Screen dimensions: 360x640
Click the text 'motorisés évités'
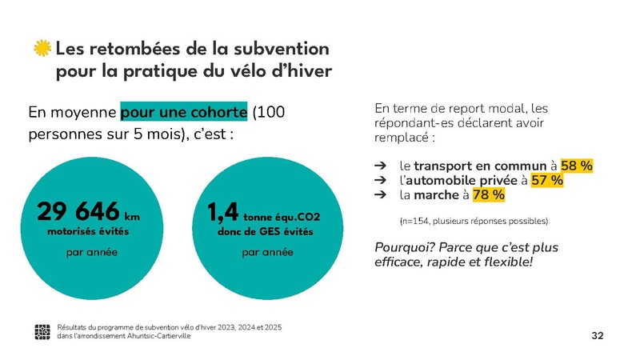click(x=88, y=232)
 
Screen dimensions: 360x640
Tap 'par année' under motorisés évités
click(x=90, y=252)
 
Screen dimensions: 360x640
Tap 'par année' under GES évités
click(x=267, y=252)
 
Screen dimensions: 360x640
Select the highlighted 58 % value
click(x=577, y=166)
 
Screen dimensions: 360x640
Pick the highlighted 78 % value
click(x=488, y=194)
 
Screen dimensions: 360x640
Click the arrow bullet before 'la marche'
click(x=380, y=194)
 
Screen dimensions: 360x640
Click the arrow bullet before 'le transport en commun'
click(x=380, y=166)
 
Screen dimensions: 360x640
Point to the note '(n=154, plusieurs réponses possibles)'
click(x=473, y=220)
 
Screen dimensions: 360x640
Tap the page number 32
click(x=597, y=334)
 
